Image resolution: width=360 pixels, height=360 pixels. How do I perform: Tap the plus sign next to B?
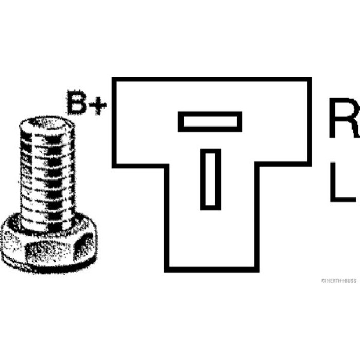point(98,106)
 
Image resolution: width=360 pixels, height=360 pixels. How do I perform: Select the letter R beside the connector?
point(345,118)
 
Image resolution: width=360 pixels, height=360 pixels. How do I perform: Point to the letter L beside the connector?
point(343,182)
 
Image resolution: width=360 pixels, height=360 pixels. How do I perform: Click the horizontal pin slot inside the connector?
point(210,121)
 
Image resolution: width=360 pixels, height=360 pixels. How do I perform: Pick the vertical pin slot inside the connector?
point(210,179)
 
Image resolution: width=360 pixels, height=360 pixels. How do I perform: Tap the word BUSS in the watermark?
point(350,281)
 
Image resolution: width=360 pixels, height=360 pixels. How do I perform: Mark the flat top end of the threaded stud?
point(47,123)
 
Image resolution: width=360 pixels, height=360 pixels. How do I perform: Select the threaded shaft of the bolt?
point(47,174)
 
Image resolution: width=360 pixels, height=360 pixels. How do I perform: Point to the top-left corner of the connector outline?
point(114,79)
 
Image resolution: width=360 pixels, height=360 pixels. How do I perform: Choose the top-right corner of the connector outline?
point(309,79)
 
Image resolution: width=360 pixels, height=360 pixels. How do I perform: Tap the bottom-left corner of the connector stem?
point(167,270)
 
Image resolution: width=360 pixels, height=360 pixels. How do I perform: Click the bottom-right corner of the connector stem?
point(257,270)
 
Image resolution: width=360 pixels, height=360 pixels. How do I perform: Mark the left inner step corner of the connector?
point(167,166)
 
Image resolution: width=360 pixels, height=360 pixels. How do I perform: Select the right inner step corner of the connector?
point(257,164)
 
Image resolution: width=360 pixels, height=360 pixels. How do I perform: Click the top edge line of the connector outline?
point(211,79)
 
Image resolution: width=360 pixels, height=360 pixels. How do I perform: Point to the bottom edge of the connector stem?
point(212,270)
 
